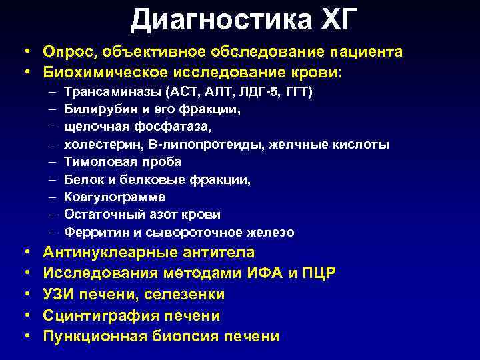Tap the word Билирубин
point(96,109)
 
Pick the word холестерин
point(97,145)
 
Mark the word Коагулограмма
point(115,197)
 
